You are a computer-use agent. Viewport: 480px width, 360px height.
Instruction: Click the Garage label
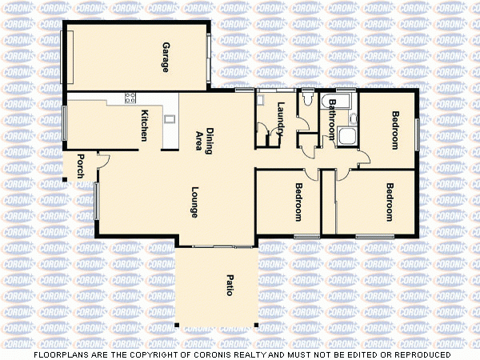(166, 57)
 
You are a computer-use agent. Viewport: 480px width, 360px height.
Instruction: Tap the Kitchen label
(144, 125)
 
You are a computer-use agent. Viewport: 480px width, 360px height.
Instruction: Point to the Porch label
(80, 166)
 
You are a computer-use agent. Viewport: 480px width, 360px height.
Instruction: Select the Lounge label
(194, 202)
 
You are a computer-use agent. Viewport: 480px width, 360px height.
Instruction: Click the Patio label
(229, 286)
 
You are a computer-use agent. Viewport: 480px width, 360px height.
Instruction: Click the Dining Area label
(205, 141)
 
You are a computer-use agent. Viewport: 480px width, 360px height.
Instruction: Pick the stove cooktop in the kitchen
(129, 98)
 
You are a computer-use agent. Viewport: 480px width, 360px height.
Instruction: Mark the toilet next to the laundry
(308, 101)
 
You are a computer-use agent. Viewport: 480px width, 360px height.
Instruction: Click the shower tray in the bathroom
(347, 136)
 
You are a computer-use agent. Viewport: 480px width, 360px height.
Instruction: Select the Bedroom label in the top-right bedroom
(395, 130)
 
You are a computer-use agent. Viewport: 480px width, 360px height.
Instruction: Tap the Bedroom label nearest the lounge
(298, 202)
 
